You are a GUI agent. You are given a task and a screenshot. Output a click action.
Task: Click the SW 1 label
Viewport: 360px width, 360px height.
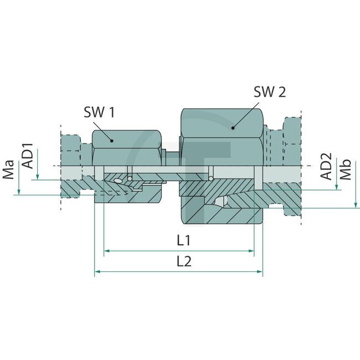[x=99, y=112]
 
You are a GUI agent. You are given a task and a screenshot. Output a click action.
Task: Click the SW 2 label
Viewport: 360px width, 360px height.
[x=270, y=92]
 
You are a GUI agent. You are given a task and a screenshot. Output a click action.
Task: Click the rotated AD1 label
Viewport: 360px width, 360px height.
[x=27, y=157]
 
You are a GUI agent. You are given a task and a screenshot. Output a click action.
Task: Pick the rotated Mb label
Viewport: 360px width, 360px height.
[x=346, y=170]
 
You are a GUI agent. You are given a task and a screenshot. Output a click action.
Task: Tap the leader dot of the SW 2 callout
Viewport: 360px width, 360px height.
[x=233, y=127]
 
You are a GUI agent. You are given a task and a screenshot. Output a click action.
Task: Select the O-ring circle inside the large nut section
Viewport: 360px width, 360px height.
[x=212, y=178]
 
